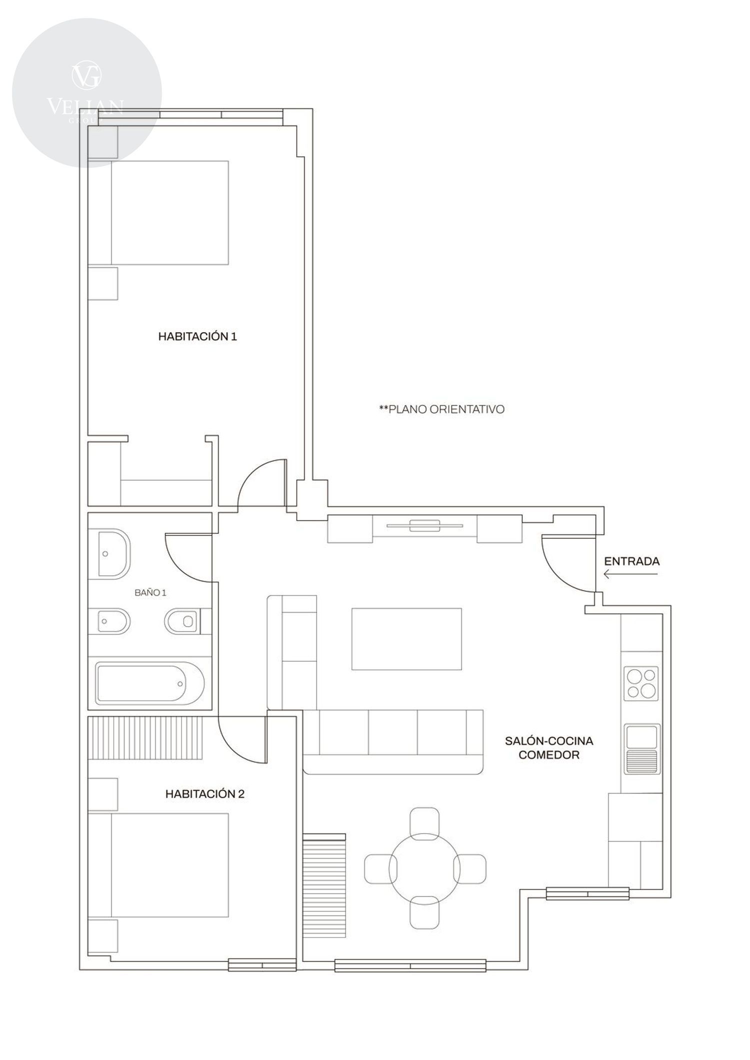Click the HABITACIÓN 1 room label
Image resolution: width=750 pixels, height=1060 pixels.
click(197, 337)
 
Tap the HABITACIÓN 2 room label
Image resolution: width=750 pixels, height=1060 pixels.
click(205, 794)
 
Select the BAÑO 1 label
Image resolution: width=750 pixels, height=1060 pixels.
click(150, 593)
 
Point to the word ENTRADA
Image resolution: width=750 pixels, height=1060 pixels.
click(632, 561)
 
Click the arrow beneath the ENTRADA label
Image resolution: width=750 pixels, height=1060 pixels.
click(630, 574)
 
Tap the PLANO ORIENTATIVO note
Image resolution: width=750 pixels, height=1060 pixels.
click(442, 409)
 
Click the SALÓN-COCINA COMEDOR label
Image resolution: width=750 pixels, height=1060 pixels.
click(549, 748)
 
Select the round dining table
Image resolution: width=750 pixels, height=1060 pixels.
click(424, 867)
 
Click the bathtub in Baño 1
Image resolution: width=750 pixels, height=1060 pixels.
click(150, 683)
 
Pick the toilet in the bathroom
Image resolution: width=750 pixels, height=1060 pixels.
click(181, 621)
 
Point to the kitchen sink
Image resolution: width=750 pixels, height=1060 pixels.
click(642, 748)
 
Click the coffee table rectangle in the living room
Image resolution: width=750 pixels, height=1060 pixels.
click(406, 639)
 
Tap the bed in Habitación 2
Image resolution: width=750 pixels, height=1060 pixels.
click(158, 865)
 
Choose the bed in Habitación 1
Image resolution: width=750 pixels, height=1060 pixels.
click(158, 212)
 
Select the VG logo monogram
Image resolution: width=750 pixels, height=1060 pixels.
click(87, 75)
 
